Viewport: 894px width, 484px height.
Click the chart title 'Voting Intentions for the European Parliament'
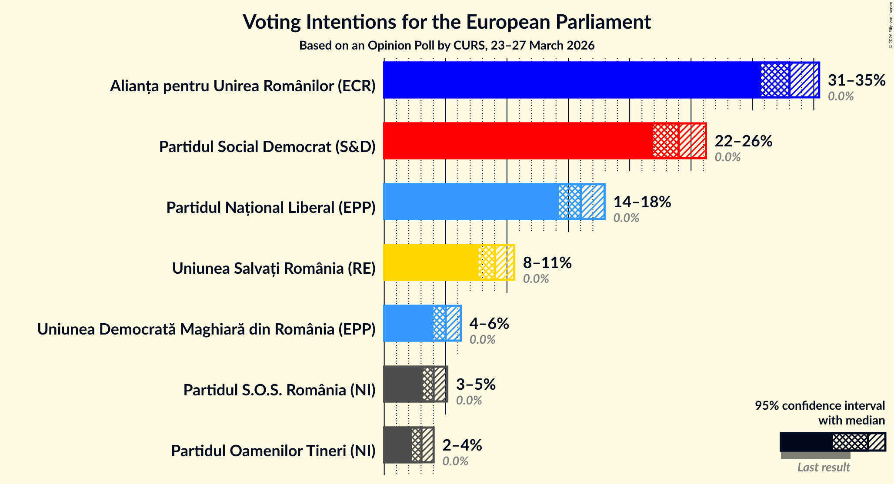tap(447, 22)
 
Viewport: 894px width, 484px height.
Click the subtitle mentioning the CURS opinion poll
tap(447, 46)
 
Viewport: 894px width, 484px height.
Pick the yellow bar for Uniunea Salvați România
tap(430, 262)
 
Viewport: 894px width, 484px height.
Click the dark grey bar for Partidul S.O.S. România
tap(403, 384)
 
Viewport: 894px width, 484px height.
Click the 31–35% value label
tap(856, 80)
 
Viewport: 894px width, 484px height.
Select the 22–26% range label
tap(743, 141)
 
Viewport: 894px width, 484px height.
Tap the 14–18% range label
tap(642, 202)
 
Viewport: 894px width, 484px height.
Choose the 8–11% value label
tap(547, 262)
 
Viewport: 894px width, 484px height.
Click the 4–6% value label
tap(489, 323)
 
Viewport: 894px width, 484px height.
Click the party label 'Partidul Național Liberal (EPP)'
tap(270, 208)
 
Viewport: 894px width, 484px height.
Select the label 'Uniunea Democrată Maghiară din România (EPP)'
tap(206, 329)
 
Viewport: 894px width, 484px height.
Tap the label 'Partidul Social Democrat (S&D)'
tap(267, 147)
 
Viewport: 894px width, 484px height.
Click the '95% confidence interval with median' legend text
tap(820, 413)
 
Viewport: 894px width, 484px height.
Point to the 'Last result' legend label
tap(823, 467)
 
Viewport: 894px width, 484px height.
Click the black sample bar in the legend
tap(806, 442)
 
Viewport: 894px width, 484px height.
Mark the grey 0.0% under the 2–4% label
tap(455, 461)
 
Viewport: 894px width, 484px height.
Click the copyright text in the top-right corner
tap(891, 24)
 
